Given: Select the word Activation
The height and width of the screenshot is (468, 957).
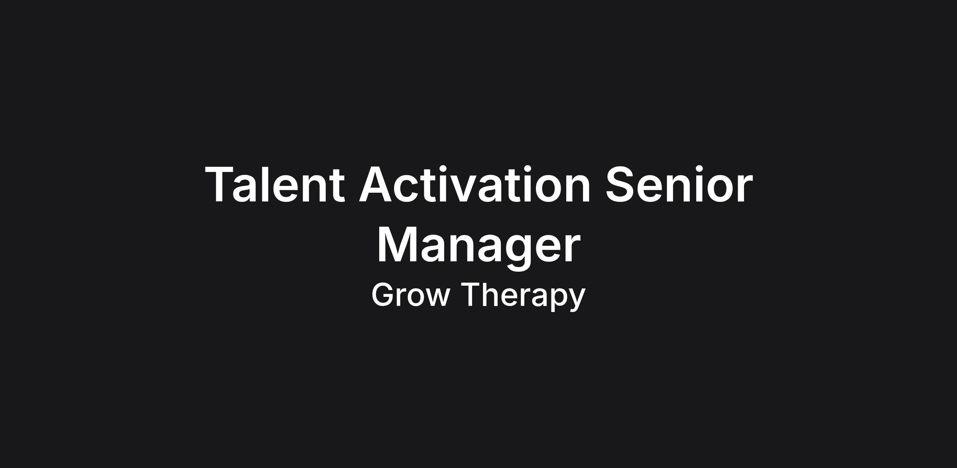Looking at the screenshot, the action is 475,184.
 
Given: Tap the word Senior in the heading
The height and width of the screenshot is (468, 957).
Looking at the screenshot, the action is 679,184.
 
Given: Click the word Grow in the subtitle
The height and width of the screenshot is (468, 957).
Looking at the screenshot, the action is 411,294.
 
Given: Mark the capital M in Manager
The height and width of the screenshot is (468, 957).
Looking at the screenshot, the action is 396,245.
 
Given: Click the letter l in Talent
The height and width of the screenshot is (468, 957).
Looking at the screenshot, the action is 266,184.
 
